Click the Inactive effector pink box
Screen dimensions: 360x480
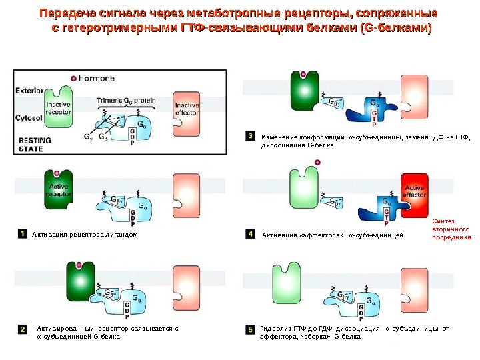(x=187, y=110)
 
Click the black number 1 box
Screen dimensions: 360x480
(x=23, y=234)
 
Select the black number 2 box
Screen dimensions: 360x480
(x=23, y=329)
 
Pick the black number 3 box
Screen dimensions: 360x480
(x=250, y=137)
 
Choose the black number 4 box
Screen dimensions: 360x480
(x=250, y=234)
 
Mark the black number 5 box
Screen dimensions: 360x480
(x=250, y=329)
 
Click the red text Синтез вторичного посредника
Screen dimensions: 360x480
(x=451, y=228)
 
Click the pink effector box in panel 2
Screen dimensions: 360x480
(x=187, y=287)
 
